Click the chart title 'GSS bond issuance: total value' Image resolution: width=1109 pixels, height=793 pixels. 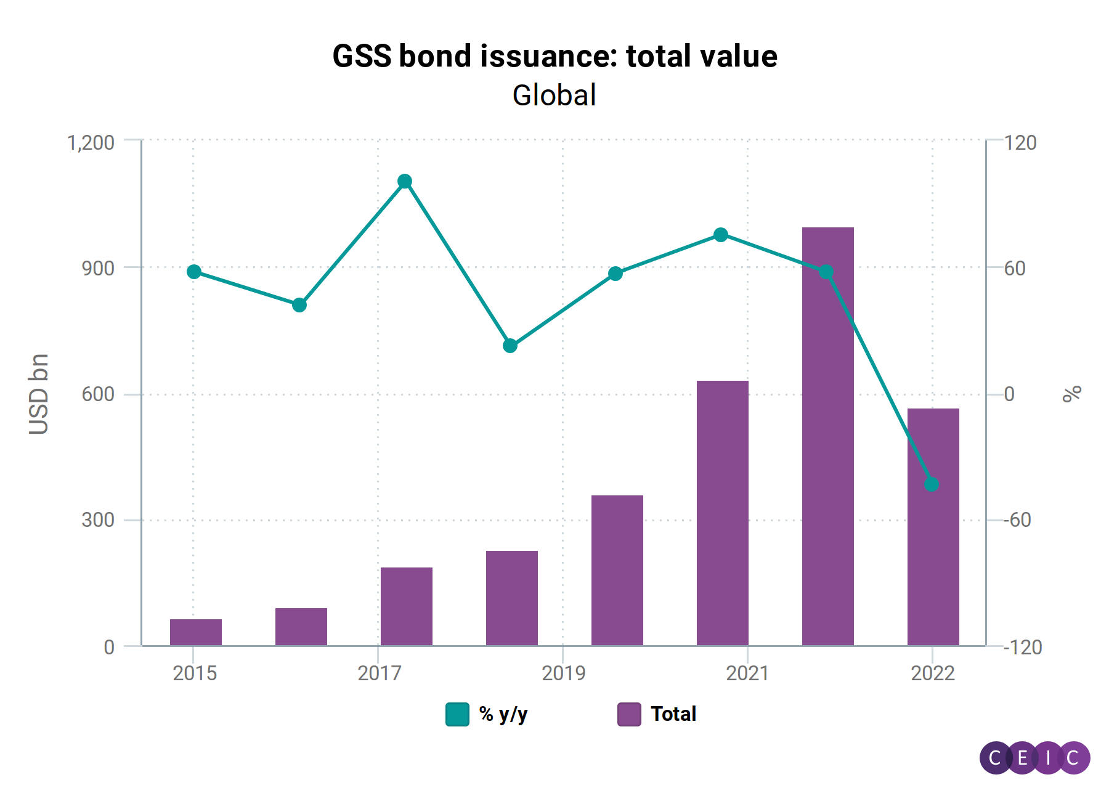[x=554, y=57]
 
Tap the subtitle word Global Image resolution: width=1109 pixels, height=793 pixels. [x=554, y=96]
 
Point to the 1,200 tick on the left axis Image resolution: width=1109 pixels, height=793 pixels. [x=91, y=142]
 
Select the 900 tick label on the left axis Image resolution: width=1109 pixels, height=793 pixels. [x=98, y=269]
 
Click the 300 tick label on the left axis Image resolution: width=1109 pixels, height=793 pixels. [x=98, y=520]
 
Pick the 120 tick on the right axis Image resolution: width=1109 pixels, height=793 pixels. [x=1020, y=142]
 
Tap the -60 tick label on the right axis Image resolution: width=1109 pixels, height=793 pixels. [x=1017, y=520]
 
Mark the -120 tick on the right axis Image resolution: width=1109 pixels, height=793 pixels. [x=1022, y=647]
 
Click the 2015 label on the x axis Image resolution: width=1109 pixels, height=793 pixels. [x=195, y=673]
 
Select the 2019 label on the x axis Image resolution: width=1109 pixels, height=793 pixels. [x=563, y=673]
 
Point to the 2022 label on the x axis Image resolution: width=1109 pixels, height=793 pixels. [x=932, y=673]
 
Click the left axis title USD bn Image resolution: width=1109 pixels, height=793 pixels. [x=39, y=394]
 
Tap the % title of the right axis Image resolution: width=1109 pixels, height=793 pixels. [x=1072, y=393]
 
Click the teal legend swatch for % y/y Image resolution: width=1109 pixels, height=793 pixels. [x=457, y=714]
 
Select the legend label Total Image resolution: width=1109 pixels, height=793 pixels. [x=673, y=714]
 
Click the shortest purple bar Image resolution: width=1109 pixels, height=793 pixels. [x=196, y=633]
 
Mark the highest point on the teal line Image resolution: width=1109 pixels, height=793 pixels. [x=405, y=181]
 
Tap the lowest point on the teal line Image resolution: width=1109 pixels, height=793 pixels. [x=932, y=484]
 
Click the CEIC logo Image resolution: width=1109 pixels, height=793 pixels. [x=1034, y=757]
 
